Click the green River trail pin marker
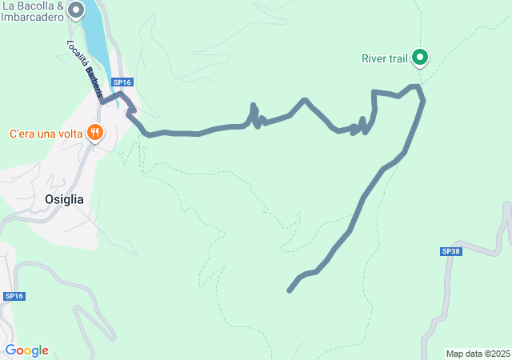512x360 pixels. click(419, 56)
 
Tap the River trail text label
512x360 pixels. click(385, 58)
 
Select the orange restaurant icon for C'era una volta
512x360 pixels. click(95, 133)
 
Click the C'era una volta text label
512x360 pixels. click(46, 134)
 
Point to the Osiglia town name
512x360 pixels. click(58, 199)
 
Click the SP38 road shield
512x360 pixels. click(451, 251)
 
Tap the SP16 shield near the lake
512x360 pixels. click(122, 82)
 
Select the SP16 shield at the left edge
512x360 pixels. click(14, 296)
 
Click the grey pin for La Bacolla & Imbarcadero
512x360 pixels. click(76, 10)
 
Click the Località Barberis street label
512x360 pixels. click(84, 69)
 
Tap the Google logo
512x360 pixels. click(26, 350)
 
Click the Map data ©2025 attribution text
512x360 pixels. click(478, 354)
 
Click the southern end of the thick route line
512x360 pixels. click(289, 290)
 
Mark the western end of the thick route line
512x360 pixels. click(103, 102)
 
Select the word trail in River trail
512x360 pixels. click(398, 58)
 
